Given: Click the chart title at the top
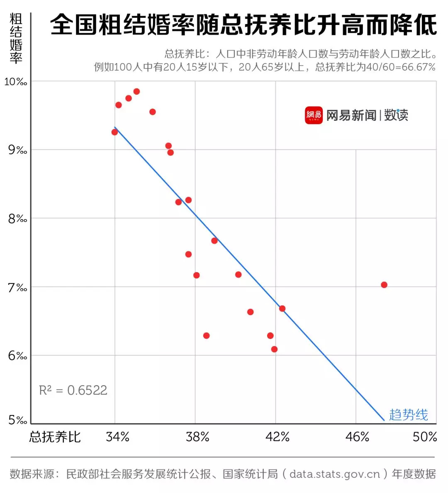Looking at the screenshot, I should click(x=243, y=25).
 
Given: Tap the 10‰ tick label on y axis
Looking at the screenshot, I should click(x=16, y=82).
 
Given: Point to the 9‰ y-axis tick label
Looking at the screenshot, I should click(x=17, y=150).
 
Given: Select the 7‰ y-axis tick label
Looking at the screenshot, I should click(x=17, y=287).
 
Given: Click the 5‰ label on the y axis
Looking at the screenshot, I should click(x=17, y=420).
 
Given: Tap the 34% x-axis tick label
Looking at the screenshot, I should click(x=118, y=437).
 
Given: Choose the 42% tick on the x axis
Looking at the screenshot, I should click(x=278, y=437).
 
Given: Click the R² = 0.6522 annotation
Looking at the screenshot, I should click(x=73, y=390).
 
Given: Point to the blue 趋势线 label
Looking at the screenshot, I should click(x=408, y=415).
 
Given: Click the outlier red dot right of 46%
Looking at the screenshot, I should click(x=384, y=285).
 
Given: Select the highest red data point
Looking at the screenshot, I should click(x=136, y=91).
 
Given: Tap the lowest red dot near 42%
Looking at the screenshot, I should click(x=274, y=349).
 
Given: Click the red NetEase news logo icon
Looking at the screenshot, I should click(x=314, y=115).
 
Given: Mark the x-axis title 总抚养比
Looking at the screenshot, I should click(x=55, y=437).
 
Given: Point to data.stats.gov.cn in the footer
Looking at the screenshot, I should click(x=335, y=474).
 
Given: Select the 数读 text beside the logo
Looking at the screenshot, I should click(x=396, y=115).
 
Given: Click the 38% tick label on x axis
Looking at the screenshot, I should click(x=197, y=437).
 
